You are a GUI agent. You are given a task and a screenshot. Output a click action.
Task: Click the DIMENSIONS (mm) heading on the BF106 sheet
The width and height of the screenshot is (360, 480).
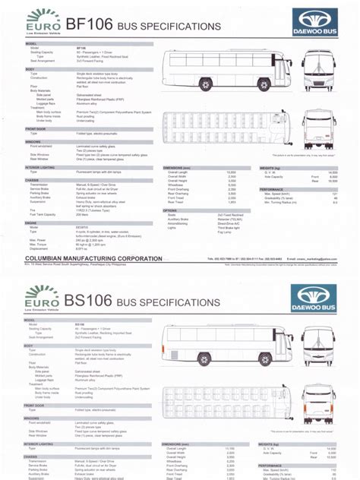click(x=182, y=169)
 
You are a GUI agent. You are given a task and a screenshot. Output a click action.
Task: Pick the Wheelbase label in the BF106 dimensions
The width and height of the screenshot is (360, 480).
click(x=176, y=185)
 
